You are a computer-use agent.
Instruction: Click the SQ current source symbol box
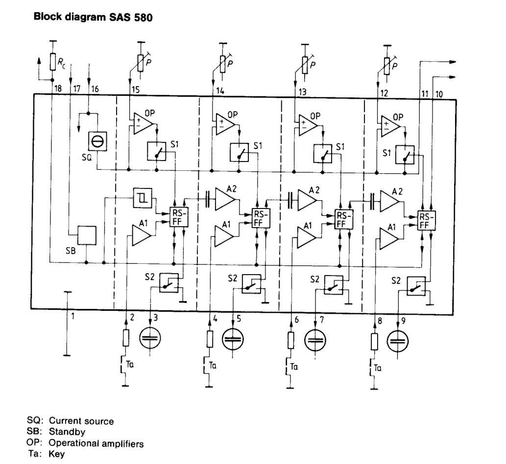[x=96, y=142]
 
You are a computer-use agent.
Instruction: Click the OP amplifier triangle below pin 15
[x=142, y=122]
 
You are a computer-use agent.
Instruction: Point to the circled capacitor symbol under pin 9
[x=398, y=341]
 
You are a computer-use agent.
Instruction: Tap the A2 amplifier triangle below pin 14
[x=226, y=199]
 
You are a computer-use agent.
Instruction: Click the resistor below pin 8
[x=375, y=341]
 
